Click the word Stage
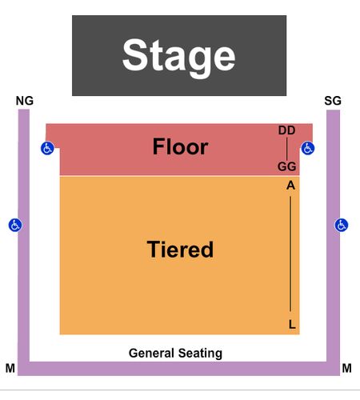click(179, 57)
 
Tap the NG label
click(25, 101)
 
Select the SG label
click(333, 101)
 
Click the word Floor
click(180, 146)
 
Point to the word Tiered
click(180, 250)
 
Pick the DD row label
click(287, 130)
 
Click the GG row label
click(287, 166)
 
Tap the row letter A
click(290, 186)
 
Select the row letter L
click(292, 325)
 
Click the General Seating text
click(175, 353)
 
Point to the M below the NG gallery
click(10, 368)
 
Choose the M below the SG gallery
click(346, 368)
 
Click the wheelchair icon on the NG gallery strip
click(15, 225)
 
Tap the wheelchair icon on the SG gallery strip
click(342, 225)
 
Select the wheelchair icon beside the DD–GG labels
click(308, 148)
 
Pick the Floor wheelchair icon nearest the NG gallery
click(47, 148)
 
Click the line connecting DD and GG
click(287, 148)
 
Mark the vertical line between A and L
click(290, 254)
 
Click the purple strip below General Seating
click(178, 369)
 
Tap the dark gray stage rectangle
click(179, 55)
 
